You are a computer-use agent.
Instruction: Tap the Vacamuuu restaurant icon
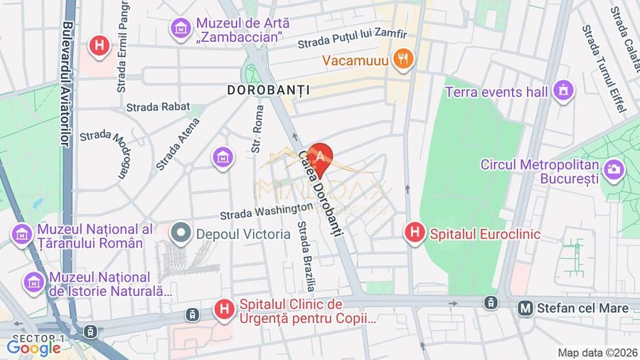pyautogui.click(x=403, y=60)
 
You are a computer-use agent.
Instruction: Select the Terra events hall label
pyautogui.click(x=496, y=92)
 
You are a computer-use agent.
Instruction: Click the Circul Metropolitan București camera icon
pyautogui.click(x=612, y=169)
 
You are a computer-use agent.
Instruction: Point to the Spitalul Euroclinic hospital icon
pyautogui.click(x=415, y=233)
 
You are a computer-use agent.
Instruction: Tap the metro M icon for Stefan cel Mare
pyautogui.click(x=526, y=308)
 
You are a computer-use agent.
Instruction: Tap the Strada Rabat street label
pyautogui.click(x=158, y=107)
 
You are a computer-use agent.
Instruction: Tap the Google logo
pyautogui.click(x=33, y=349)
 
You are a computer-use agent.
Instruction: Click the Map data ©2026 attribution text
pyautogui.click(x=597, y=352)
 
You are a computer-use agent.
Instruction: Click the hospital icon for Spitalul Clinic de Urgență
pyautogui.click(x=224, y=309)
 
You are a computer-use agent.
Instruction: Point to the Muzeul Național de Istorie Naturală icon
pyautogui.click(x=33, y=282)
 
